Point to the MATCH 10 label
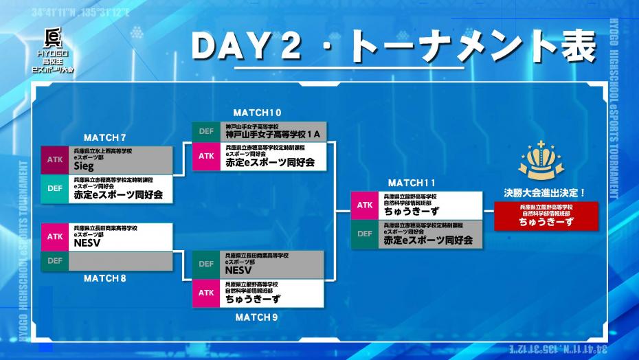257,113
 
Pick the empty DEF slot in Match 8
121,261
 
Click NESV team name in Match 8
87,242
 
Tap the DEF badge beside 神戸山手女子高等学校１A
206,131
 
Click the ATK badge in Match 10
206,156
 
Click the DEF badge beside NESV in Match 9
206,265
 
